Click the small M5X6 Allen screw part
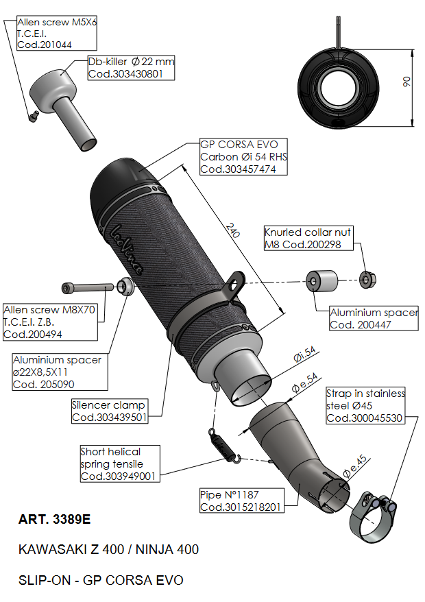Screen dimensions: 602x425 coord(32,117)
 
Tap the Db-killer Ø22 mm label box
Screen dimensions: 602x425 coord(130,67)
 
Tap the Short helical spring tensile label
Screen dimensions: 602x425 coord(119,463)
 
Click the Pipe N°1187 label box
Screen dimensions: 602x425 coord(241,501)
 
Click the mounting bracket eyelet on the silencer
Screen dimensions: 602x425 coord(236,280)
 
